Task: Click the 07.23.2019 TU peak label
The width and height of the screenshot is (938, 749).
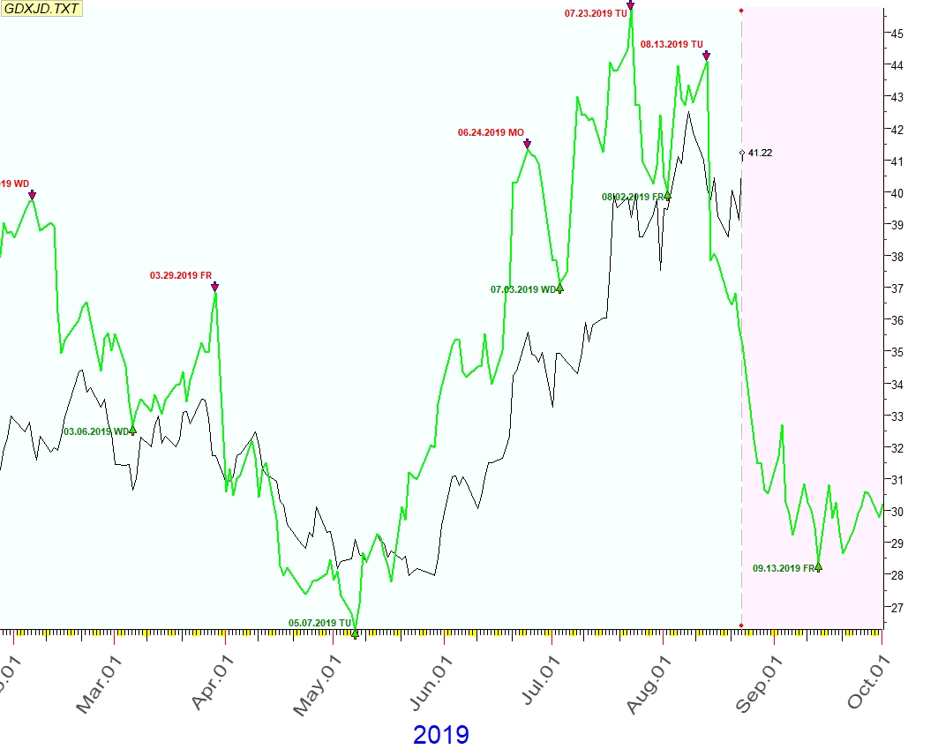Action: pos(596,13)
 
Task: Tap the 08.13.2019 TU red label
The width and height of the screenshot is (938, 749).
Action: pos(672,44)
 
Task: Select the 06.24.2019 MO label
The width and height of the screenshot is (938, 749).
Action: pos(491,132)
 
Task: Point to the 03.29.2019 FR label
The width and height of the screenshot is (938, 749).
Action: pos(181,275)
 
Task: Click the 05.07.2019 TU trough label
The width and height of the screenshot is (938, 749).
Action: pos(319,623)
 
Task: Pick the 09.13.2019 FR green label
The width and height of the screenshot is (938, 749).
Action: pos(783,569)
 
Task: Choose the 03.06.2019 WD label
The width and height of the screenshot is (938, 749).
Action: pos(95,431)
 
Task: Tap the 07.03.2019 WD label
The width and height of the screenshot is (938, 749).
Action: pos(524,289)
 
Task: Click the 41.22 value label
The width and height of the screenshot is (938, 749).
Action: pos(761,154)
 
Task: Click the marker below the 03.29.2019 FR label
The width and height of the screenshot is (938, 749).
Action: pos(214,287)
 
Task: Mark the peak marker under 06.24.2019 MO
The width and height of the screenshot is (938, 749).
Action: pos(527,144)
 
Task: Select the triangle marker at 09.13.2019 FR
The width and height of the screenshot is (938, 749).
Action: pos(819,567)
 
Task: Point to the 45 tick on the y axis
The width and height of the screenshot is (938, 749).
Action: pos(896,34)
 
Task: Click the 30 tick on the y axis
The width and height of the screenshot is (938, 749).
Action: pos(896,512)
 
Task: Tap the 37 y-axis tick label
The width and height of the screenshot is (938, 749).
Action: pos(896,288)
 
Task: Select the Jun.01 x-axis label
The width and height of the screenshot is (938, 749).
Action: pos(432,679)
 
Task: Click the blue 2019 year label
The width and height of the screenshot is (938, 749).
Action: pos(441,734)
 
